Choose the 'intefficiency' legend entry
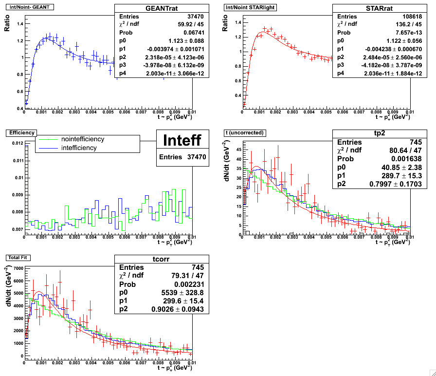pos(79,148)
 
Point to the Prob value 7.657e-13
pos(396,32)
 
